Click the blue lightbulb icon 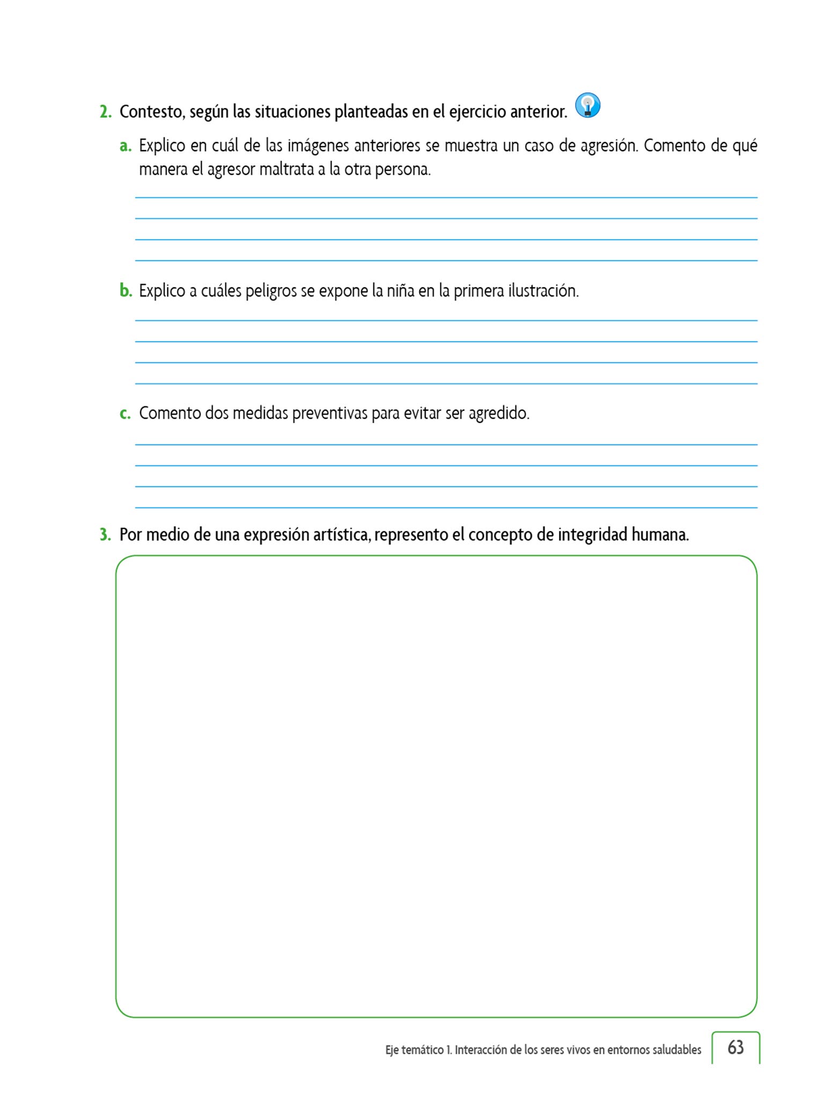click(587, 105)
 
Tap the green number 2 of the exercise click(105, 112)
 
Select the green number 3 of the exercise click(105, 535)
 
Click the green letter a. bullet click(126, 146)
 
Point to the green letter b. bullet click(126, 291)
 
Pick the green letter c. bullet click(125, 414)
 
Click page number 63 click(735, 1048)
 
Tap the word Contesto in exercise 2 click(152, 112)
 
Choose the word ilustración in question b click(543, 291)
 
